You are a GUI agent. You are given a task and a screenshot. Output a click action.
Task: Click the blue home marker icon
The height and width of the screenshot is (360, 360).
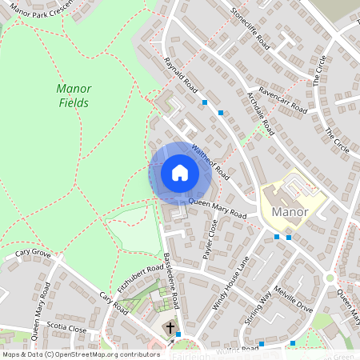pyautogui.click(x=179, y=173)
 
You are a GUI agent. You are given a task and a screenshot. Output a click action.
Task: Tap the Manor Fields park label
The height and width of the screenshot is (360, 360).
pyautogui.click(x=74, y=96)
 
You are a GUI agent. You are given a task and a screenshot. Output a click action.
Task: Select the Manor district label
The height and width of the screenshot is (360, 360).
pyautogui.click(x=290, y=212)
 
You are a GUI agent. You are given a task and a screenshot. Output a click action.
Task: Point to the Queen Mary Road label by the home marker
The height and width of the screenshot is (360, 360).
pyautogui.click(x=217, y=209)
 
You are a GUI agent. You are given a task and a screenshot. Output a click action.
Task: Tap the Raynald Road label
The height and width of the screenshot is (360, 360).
pyautogui.click(x=180, y=73)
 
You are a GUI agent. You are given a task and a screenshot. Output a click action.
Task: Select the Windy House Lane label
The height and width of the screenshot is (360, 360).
pyautogui.click(x=230, y=282)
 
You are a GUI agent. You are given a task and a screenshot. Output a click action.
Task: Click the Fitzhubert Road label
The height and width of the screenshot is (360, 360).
pyautogui.click(x=140, y=279)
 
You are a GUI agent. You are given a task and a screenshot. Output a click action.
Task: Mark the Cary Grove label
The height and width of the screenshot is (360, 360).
pyautogui.click(x=33, y=254)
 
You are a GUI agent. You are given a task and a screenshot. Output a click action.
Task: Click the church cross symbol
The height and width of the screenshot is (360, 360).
pyautogui.click(x=170, y=328)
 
